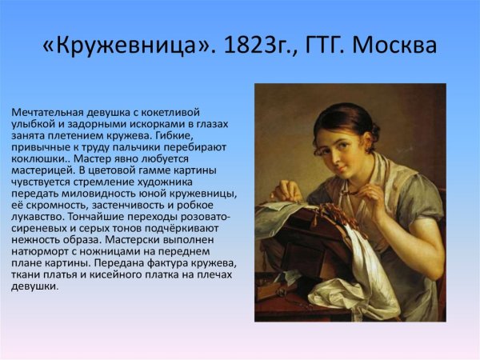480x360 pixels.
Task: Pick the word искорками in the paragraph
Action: coord(146,124)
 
